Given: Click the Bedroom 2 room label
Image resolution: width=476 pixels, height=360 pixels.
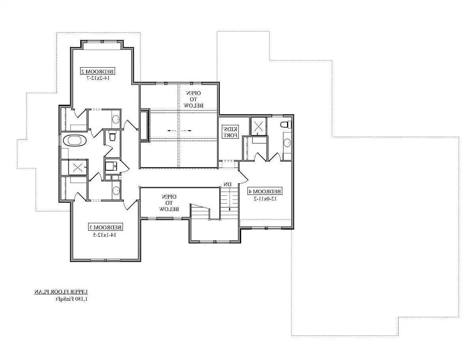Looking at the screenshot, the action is click(97, 71).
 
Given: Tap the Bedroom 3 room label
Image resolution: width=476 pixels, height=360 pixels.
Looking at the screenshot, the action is click(106, 227).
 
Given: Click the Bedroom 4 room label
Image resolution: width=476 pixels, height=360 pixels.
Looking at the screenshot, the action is click(265, 191).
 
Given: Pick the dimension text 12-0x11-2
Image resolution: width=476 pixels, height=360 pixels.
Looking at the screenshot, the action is click(265, 198).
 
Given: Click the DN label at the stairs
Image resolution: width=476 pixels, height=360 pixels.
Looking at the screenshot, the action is click(228, 185).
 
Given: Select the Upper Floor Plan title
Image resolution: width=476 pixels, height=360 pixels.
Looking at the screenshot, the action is click(61, 292).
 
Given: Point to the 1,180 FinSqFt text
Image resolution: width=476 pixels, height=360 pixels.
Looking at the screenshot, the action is click(72, 299).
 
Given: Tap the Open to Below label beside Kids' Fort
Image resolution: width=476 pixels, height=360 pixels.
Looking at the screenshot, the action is click(193, 99).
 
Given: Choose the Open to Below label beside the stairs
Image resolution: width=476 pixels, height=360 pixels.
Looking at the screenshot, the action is click(169, 203).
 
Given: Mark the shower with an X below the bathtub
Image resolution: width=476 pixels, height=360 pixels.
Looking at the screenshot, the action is click(78, 167).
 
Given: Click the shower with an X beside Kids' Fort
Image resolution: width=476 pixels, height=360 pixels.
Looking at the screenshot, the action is click(259, 126).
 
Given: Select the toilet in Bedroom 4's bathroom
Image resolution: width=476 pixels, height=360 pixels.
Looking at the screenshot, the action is click(285, 124).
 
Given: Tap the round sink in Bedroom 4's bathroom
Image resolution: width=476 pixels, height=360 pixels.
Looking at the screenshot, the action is click(287, 143).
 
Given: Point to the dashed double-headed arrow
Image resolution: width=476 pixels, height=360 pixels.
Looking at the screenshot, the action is click(179, 131).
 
